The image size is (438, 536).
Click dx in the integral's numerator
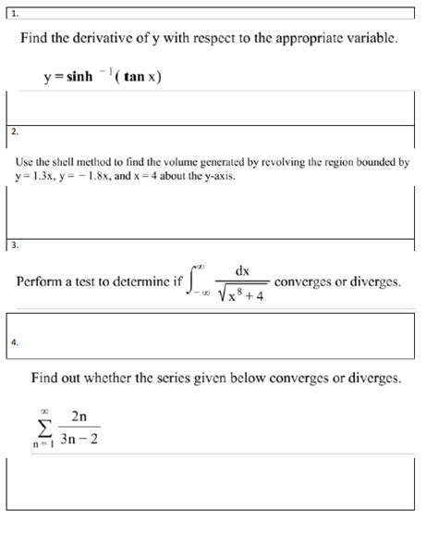coord(242,270)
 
